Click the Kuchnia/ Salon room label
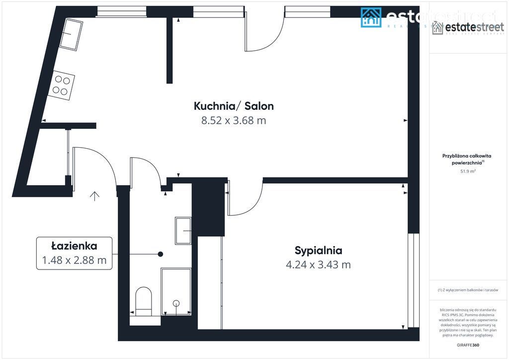[x=234, y=106]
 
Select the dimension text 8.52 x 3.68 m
[x=234, y=120]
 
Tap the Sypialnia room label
[x=318, y=250]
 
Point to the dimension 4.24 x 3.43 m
[x=318, y=265]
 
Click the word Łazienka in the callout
[x=74, y=246]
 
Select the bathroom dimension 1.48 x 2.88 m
[x=74, y=260]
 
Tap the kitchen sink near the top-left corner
[x=71, y=34]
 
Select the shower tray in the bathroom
[x=176, y=291]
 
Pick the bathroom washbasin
[x=183, y=230]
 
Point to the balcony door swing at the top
[x=264, y=37]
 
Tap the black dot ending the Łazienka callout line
[x=160, y=254]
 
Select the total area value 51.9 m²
[x=468, y=171]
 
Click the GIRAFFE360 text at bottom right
[x=468, y=345]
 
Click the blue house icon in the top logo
[x=371, y=17]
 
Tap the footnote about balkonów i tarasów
[x=468, y=290]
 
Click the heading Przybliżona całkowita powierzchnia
[x=467, y=159]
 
